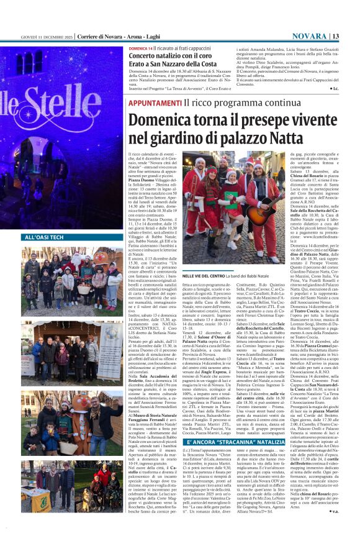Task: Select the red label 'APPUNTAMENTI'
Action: point(148,102)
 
